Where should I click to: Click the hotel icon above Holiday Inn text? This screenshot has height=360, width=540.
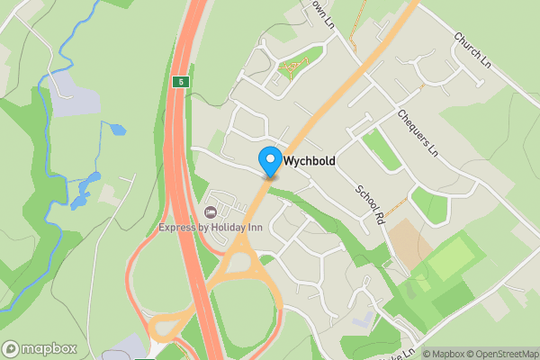click(211, 212)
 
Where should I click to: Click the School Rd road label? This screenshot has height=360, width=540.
click(370, 204)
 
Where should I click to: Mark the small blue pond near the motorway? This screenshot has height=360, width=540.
click(118, 129)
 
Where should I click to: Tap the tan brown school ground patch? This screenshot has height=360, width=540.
click(409, 238)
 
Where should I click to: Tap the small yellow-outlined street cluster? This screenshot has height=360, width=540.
click(293, 66)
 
